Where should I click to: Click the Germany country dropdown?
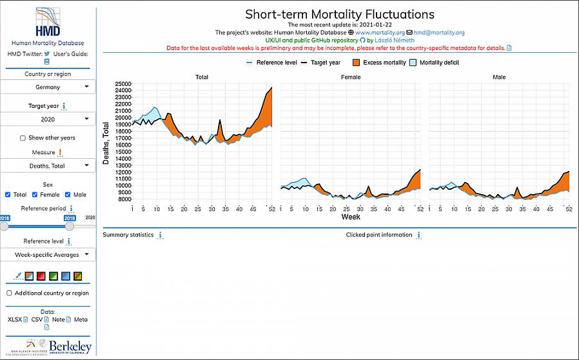pyautogui.click(x=48, y=87)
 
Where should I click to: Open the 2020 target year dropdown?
pyautogui.click(x=48, y=119)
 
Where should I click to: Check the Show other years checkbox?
pyautogui.click(x=23, y=138)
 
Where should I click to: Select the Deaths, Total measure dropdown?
pyautogui.click(x=48, y=166)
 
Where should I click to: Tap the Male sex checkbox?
pyautogui.click(x=68, y=195)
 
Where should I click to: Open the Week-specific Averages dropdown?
pyautogui.click(x=48, y=255)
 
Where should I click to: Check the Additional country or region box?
pyautogui.click(x=9, y=293)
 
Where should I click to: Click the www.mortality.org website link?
pyautogui.click(x=379, y=32)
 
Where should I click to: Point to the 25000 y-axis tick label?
pyautogui.click(x=123, y=84)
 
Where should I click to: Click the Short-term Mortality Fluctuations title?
pyautogui.click(x=340, y=14)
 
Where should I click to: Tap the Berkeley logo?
pyautogui.click(x=70, y=346)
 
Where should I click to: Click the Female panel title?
pyautogui.click(x=350, y=77)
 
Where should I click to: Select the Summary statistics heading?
pyautogui.click(x=128, y=235)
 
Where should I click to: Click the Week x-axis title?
pyautogui.click(x=350, y=217)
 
